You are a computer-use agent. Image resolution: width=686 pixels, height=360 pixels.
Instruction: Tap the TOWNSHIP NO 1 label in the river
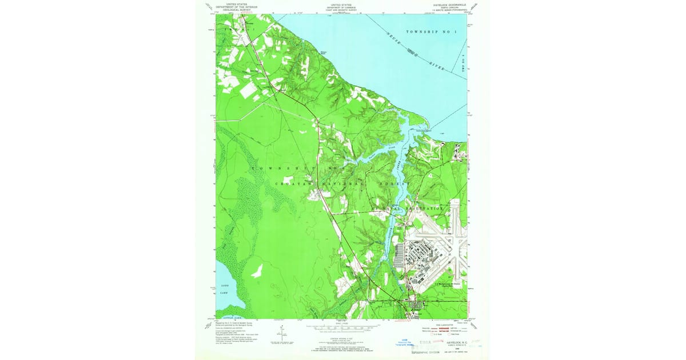(x=432, y=32)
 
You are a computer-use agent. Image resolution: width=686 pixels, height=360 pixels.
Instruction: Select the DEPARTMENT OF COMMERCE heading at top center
(x=341, y=7)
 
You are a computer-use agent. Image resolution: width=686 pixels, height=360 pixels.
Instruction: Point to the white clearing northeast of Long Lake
(x=257, y=270)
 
